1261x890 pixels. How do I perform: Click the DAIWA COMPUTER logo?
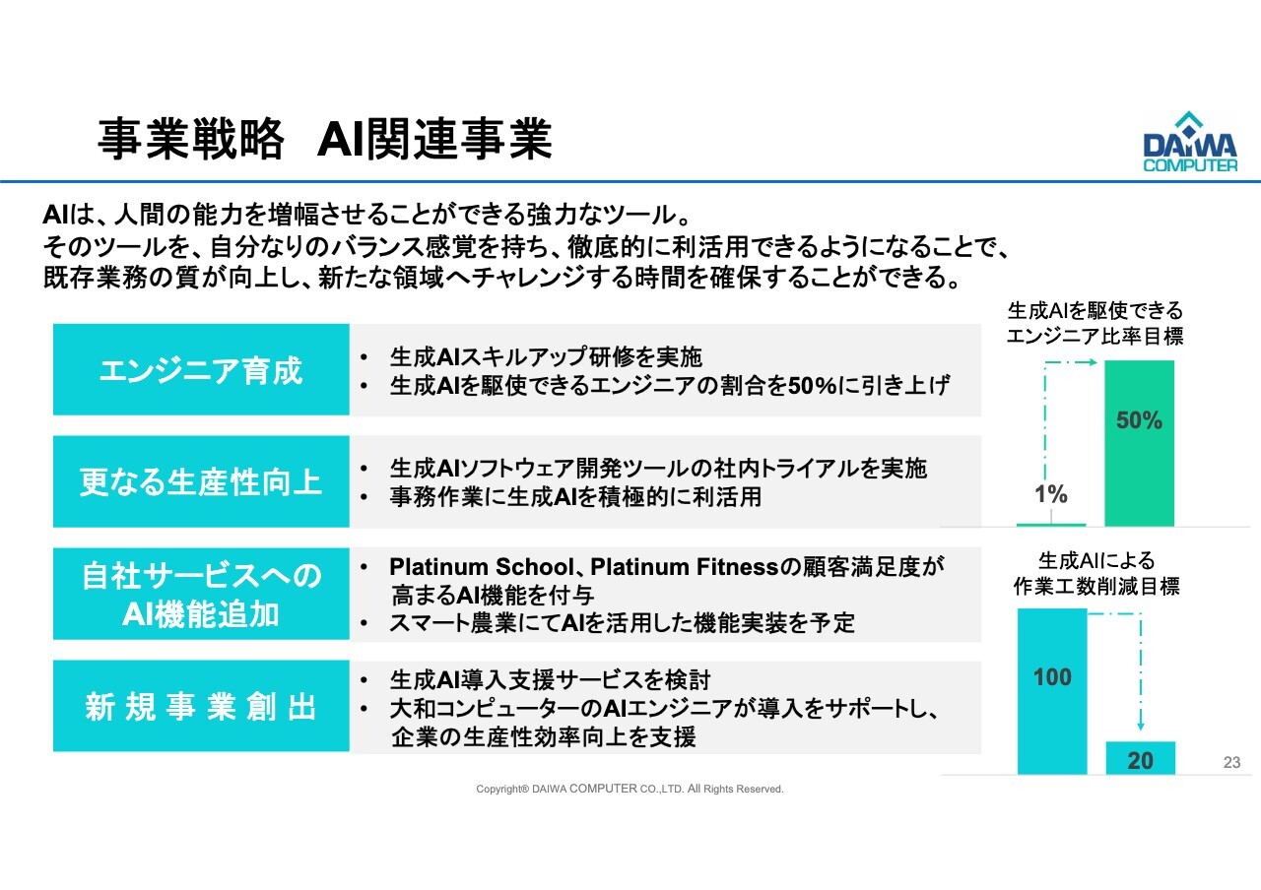pyautogui.click(x=1190, y=141)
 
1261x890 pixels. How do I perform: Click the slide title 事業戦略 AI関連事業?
pyautogui.click(x=325, y=139)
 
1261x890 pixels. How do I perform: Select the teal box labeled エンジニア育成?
pyautogui.click(x=201, y=369)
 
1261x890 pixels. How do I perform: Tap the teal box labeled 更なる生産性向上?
pyautogui.click(x=201, y=481)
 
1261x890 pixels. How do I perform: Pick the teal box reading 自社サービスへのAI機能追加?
pyautogui.click(x=201, y=594)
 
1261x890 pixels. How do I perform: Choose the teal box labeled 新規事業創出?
pyautogui.click(x=201, y=706)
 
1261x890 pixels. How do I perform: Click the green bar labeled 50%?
pyautogui.click(x=1140, y=443)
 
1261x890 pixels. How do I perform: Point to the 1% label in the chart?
pyautogui.click(x=1051, y=494)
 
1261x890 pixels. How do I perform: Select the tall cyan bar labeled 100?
pyautogui.click(x=1052, y=691)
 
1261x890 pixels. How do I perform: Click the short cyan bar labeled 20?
pyautogui.click(x=1141, y=758)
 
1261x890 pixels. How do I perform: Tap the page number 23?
pyautogui.click(x=1231, y=762)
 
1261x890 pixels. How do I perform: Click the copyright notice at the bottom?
pyautogui.click(x=630, y=789)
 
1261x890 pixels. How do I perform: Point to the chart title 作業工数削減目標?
pyautogui.click(x=1096, y=587)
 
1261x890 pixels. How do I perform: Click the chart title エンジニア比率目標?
pyautogui.click(x=1095, y=337)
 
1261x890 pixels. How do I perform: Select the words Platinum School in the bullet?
pyautogui.click(x=482, y=566)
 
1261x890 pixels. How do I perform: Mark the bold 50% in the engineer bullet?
pyautogui.click(x=813, y=386)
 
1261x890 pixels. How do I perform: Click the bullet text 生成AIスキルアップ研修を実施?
pyautogui.click(x=546, y=356)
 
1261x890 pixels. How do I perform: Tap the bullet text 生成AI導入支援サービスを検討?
pyautogui.click(x=550, y=679)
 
